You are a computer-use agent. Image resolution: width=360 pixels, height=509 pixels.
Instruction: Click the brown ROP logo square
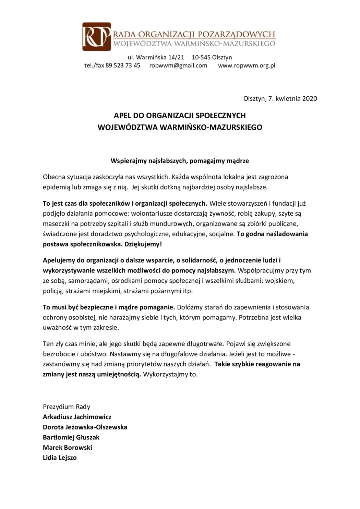pos(96,37)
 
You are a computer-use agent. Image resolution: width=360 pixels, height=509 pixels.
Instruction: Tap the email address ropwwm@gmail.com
pos(178,65)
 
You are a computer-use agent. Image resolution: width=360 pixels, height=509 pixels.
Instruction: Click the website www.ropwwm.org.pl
pos(247,65)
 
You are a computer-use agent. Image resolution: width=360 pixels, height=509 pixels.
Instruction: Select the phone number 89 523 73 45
pos(123,65)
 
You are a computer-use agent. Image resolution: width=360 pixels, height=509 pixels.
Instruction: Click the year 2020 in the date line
pos(310,99)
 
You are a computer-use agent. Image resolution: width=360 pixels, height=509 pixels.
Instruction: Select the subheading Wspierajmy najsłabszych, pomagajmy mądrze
pos(180,161)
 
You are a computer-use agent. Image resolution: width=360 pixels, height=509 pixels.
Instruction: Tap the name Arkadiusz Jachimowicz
pos(77,417)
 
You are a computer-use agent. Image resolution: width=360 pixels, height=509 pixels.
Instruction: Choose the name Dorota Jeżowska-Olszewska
pos(85,427)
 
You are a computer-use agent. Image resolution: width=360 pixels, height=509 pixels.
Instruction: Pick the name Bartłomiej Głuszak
pos(71,437)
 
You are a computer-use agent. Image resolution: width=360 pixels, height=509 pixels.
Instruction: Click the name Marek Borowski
pos(68,448)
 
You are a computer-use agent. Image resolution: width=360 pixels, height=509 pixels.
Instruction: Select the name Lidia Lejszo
pos(60,458)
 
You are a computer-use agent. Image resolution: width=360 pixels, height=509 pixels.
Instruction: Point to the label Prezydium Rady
pos(67,407)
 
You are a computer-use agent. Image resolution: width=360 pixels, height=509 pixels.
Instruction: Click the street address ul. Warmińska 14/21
pos(156,57)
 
